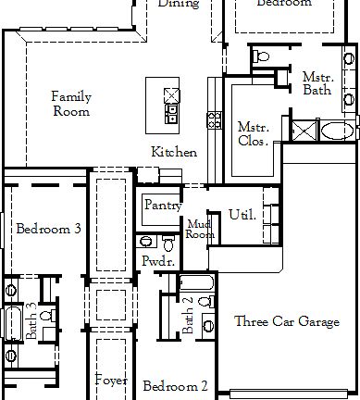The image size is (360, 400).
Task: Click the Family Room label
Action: coord(70,104)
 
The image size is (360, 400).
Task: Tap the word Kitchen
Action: coord(174,152)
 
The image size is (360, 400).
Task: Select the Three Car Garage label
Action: coord(286,322)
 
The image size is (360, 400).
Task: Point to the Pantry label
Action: coord(162,205)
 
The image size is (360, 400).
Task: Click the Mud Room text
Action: coord(200,230)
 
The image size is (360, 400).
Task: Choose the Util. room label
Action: coord(242,215)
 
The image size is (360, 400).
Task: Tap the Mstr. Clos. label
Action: coord(252,134)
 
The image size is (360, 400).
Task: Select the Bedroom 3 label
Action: coord(48,228)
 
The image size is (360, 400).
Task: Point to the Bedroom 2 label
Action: coord(175,385)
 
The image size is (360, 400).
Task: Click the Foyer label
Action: coord(111,380)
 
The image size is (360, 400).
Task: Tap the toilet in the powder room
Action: coord(168,242)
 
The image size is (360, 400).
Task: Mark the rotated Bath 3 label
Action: coord(31,321)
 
